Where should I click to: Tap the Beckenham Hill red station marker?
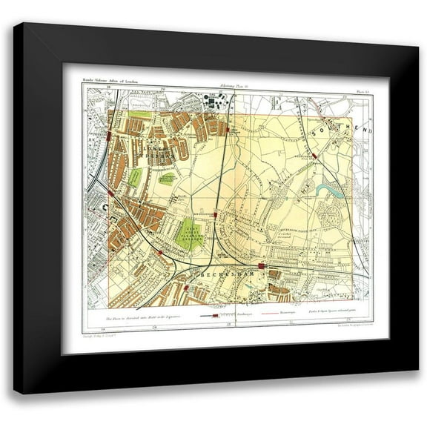316,156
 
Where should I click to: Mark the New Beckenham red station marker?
216,214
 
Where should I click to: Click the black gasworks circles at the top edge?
216,101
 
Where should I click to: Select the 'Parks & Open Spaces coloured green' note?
335,314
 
